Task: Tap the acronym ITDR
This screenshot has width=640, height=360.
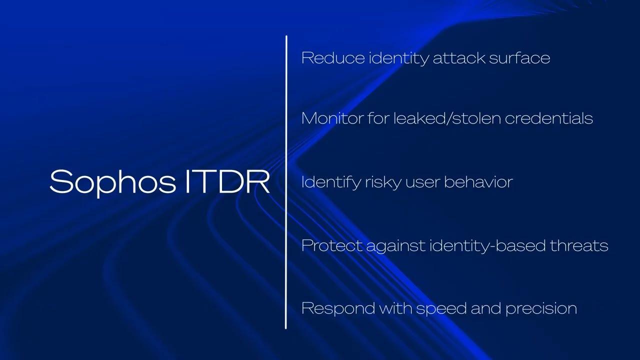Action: [x=227, y=181]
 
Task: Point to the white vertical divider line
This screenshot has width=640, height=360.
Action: [x=285, y=182]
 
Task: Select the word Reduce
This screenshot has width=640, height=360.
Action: [x=333, y=57]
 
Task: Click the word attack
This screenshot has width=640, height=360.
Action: [x=458, y=57]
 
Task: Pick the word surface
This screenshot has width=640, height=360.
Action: [x=519, y=57]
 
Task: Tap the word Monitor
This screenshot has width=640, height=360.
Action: [x=332, y=118]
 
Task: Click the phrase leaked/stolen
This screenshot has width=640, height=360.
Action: [x=447, y=118]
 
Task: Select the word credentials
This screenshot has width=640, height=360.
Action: [x=549, y=118]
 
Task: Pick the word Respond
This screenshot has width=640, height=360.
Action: [x=338, y=308]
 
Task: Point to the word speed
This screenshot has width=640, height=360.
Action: [x=441, y=309]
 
